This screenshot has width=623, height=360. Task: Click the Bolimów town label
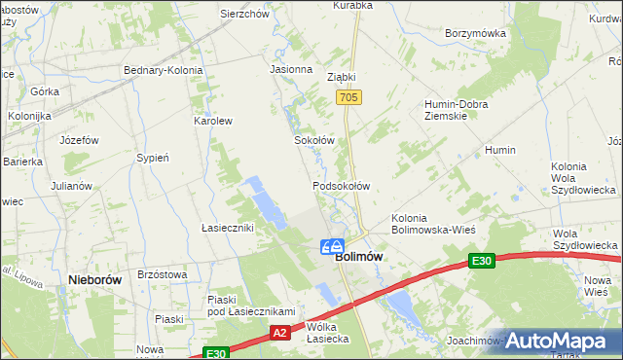point(358,257)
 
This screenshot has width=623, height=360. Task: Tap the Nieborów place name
point(95,278)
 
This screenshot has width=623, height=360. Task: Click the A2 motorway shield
point(279,333)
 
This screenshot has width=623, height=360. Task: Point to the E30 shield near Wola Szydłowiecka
point(481,260)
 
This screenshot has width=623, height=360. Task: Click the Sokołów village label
point(314,140)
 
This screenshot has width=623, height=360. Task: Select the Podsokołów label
point(341,185)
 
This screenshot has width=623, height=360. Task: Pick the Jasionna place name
point(291,70)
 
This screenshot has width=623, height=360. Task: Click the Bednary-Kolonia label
point(163,70)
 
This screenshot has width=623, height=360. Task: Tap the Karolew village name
point(213,122)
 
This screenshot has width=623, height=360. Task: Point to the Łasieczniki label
point(227,228)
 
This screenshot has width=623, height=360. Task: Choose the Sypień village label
point(154,158)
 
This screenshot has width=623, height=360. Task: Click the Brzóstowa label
point(163,275)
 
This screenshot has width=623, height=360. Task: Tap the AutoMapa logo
point(555,341)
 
